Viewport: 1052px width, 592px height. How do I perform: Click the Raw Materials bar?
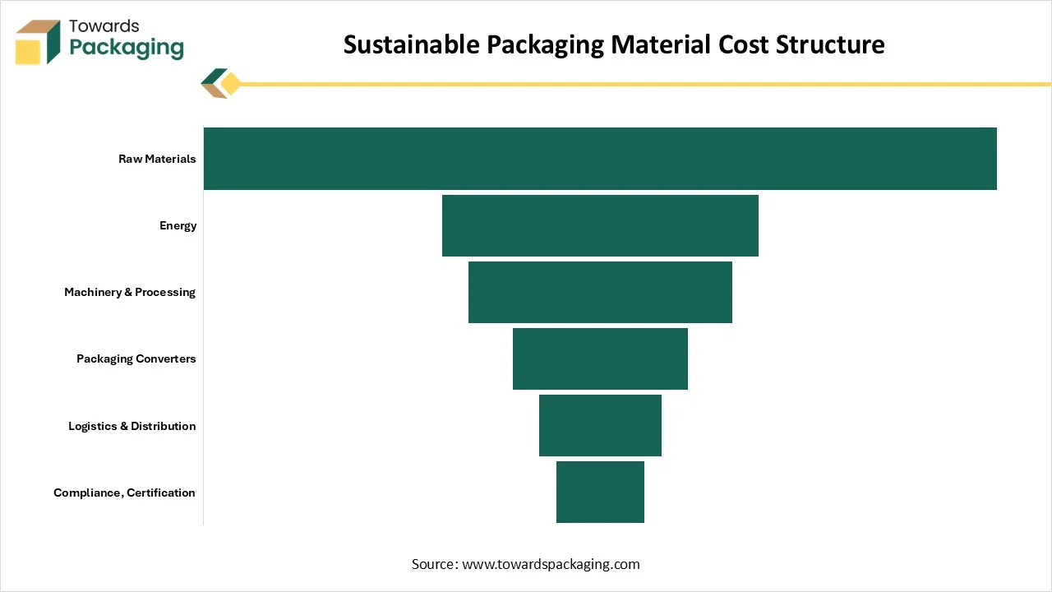[600, 159]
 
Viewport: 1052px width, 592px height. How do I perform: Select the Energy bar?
[600, 225]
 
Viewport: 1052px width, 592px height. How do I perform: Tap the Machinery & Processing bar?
[600, 292]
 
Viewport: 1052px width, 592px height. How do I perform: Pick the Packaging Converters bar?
[600, 359]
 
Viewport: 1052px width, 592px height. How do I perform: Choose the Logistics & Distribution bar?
[600, 425]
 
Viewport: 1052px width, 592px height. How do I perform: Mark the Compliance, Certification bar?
[600, 492]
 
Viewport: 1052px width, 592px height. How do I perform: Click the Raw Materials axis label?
[157, 159]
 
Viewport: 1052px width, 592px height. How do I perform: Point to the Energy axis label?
[178, 226]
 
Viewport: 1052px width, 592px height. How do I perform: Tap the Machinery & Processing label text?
[130, 292]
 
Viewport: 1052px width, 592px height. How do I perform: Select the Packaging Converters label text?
[136, 359]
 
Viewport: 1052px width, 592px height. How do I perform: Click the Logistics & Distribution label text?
[132, 426]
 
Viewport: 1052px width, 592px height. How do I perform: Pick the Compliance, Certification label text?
[124, 493]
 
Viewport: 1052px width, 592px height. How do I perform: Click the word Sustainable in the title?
[412, 44]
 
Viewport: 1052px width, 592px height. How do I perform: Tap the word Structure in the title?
[830, 44]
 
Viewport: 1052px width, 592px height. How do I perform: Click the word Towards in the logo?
[104, 25]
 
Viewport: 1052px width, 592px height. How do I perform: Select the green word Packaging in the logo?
[127, 49]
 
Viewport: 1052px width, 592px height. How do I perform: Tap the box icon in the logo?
[38, 42]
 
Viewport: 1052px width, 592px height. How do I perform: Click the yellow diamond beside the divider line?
[231, 84]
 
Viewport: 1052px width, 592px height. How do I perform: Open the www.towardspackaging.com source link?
[551, 564]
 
